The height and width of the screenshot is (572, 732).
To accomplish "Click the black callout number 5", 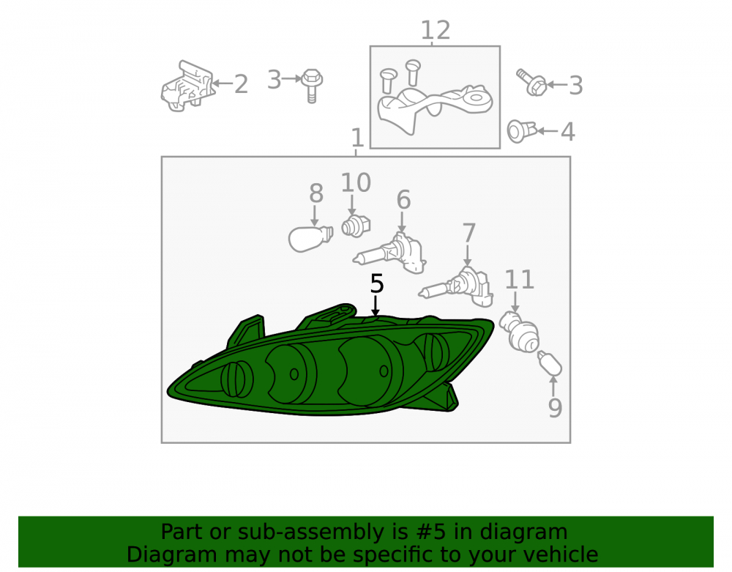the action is tap(377, 283).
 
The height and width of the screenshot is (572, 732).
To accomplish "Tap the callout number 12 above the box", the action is tap(436, 30).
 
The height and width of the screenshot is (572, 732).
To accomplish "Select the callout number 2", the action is tap(241, 84).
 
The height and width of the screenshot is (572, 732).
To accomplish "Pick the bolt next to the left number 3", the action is tap(312, 85).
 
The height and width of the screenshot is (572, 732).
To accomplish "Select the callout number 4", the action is tap(567, 132).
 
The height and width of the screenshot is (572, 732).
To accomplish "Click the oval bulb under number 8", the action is tap(310, 238).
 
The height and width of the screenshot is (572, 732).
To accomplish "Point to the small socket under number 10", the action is tap(356, 226).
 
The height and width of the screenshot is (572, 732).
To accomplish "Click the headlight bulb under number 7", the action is tap(455, 286).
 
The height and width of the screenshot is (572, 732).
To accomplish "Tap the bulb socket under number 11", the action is tap(519, 331).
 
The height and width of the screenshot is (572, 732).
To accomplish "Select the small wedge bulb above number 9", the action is tap(550, 363).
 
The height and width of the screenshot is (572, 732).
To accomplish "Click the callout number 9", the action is tap(555, 408).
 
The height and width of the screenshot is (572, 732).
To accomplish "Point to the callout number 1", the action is tap(357, 138).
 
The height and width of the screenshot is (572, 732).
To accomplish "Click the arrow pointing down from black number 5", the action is tap(375, 305).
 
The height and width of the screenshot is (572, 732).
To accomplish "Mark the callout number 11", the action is tap(519, 279).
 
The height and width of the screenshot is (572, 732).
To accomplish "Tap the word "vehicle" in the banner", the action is tap(561, 554).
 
